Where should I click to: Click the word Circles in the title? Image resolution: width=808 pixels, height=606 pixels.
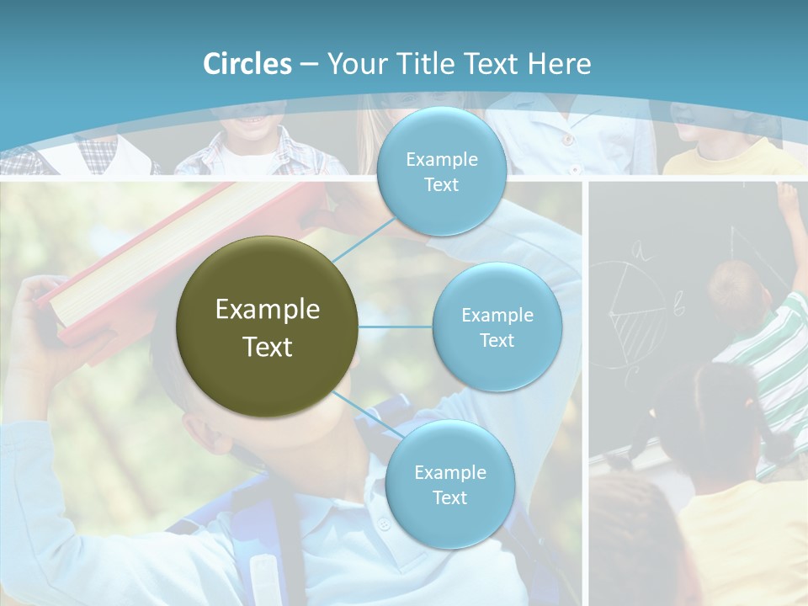click(x=247, y=64)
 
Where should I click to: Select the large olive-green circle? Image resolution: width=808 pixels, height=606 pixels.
click(x=267, y=327)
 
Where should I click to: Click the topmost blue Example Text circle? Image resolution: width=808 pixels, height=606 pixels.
click(x=441, y=172)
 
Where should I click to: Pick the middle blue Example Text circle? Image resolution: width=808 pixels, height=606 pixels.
click(x=497, y=327)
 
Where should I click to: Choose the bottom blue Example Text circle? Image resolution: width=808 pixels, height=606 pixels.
click(x=449, y=484)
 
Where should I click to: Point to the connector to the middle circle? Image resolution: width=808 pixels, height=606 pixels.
click(x=396, y=327)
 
